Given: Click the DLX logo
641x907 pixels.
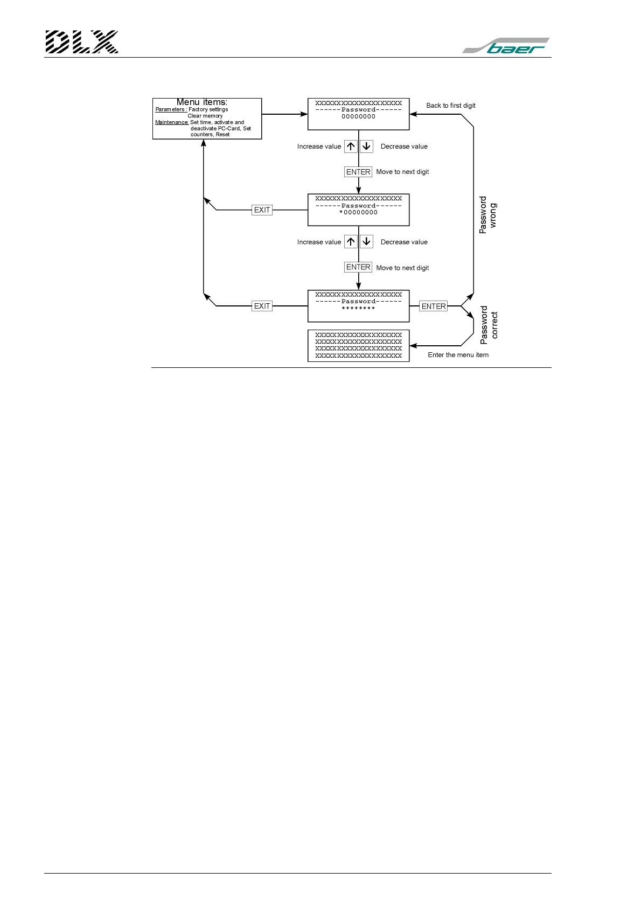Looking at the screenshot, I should click(82, 42).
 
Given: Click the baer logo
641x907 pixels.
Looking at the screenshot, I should click(506, 46).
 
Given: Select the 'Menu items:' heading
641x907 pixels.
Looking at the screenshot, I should click(202, 102).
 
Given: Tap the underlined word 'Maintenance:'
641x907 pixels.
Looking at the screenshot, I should click(172, 122).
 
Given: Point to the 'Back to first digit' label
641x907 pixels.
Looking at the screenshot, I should click(451, 106).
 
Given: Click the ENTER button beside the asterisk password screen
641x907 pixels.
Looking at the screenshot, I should click(434, 306).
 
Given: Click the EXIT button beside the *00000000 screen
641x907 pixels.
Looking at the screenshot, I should click(262, 210).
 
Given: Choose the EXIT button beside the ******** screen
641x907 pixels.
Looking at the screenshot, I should click(262, 306).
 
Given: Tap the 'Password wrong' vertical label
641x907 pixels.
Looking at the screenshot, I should click(488, 215).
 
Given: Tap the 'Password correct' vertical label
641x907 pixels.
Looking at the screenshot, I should click(489, 325).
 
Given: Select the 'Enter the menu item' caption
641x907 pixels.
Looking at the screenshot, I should click(458, 355).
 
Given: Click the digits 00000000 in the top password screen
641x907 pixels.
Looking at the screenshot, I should click(359, 116).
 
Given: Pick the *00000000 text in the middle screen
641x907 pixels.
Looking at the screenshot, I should click(359, 213).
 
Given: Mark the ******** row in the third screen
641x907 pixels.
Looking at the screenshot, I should click(359, 309).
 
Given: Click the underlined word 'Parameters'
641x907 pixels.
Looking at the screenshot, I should click(171, 109).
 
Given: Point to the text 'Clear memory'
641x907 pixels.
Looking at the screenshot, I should click(205, 116).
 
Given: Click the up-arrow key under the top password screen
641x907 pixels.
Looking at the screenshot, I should click(351, 146).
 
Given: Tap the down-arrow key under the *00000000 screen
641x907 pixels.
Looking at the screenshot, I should click(366, 242).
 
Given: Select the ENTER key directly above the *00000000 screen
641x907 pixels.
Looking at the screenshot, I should click(358, 172).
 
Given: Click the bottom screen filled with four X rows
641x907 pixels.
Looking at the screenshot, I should click(359, 345).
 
